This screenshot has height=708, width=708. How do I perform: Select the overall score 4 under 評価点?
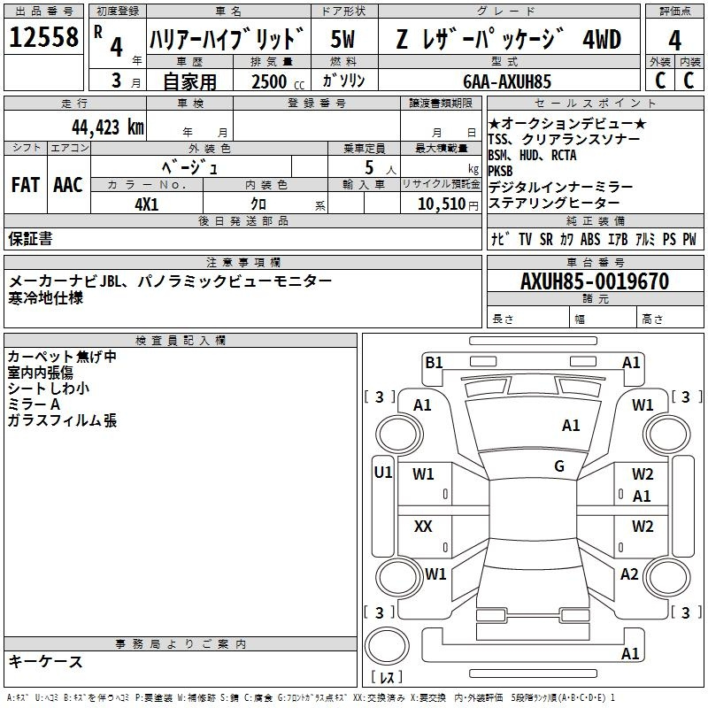pos(674,41)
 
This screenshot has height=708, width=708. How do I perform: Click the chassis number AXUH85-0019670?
pos(594,281)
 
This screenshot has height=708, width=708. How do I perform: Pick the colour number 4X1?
pos(146,204)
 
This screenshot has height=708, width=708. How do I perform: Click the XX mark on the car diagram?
pos(423,527)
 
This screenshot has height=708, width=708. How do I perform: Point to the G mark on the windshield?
pos(559,466)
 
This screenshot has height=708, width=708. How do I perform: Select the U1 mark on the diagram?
pos(382,473)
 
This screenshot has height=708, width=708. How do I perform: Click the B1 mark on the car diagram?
pos(434,361)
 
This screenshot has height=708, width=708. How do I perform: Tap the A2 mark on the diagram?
pos(629,573)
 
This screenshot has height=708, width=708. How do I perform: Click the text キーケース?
pos(45,661)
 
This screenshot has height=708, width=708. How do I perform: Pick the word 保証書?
pos(30,238)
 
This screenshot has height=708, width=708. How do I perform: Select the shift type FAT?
pos(25,184)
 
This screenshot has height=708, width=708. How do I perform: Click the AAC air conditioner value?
pos(68,184)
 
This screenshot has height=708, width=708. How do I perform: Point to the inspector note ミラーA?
pos(34,404)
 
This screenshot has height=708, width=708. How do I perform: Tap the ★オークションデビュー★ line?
pos(567,124)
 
